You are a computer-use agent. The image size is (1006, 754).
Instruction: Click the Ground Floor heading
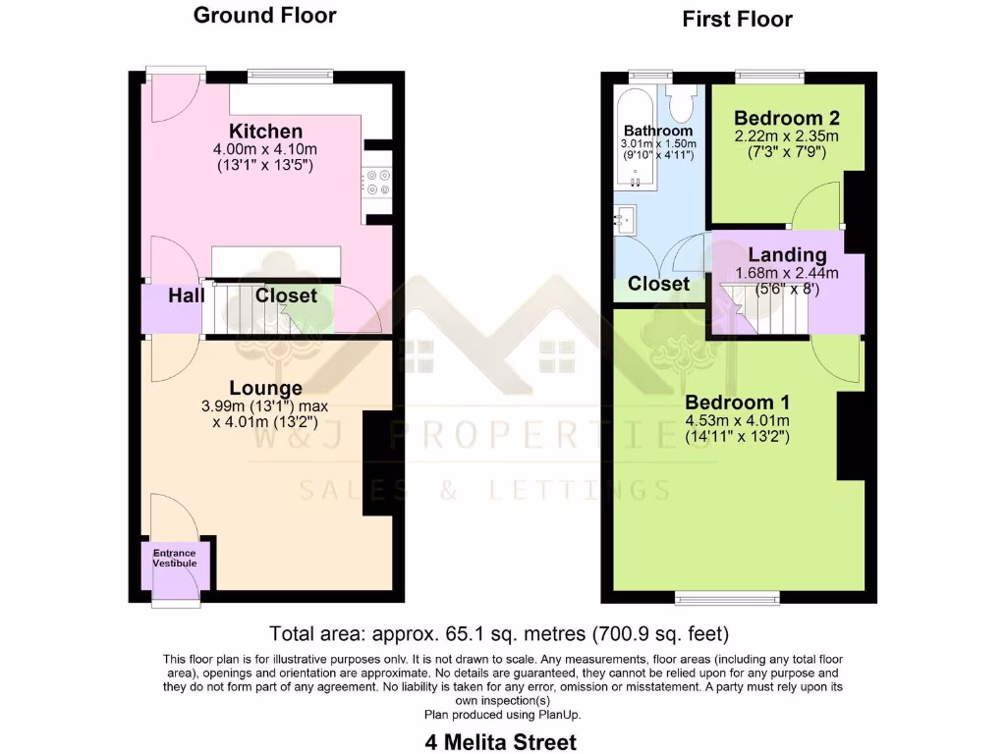click(x=264, y=16)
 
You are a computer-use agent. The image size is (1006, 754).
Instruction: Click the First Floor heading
click(x=737, y=20)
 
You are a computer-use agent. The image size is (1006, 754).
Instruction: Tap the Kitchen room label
click(x=265, y=132)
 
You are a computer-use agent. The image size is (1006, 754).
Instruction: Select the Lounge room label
click(x=265, y=389)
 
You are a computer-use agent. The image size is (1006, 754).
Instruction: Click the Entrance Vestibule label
click(x=174, y=559)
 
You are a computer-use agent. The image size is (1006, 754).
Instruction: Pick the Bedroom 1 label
click(x=737, y=403)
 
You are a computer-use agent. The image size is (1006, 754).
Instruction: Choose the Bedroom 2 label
click(x=786, y=118)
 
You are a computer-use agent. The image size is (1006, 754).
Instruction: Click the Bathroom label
click(x=657, y=131)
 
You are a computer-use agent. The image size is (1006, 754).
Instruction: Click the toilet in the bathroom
click(x=680, y=102)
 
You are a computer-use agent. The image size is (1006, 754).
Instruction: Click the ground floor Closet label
click(x=286, y=296)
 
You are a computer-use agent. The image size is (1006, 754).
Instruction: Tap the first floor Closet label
click(x=658, y=284)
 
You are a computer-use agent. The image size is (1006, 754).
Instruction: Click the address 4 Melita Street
click(x=501, y=741)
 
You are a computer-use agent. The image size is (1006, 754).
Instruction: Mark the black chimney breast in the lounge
click(x=378, y=462)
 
